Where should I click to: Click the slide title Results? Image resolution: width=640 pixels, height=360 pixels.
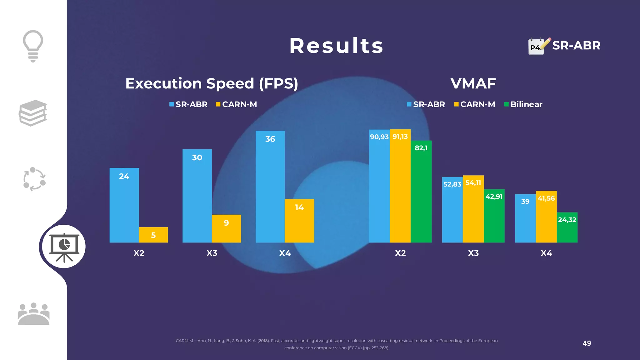pos(336,46)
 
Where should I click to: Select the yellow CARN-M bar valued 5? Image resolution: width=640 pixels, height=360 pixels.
pos(153,235)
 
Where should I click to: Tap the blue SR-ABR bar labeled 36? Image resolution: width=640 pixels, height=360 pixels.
pos(270,187)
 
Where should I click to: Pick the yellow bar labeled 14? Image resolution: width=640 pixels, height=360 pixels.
pos(299,221)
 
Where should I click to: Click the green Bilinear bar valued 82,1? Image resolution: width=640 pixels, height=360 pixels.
pos(421,192)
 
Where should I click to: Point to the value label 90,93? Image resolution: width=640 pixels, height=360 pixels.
pos(379,137)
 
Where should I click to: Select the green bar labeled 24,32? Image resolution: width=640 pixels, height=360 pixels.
pos(567,228)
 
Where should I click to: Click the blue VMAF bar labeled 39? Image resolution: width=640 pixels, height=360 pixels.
pos(525,219)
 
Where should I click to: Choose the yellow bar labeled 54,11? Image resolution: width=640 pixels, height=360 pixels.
pos(473,209)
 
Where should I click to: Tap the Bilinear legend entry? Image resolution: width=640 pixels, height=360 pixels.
pos(523,104)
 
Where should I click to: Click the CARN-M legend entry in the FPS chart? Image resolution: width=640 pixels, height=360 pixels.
pos(236,104)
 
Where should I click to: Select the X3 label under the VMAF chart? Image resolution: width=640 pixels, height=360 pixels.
pos(473,253)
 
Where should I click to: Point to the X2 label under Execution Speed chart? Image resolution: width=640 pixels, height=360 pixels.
pos(139,253)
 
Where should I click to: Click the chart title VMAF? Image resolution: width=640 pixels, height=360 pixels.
pos(473,83)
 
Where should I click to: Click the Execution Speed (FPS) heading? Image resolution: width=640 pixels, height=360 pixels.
pos(212,83)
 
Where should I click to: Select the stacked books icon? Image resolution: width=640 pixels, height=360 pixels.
pos(33,113)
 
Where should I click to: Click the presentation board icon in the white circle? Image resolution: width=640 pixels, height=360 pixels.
pos(64,247)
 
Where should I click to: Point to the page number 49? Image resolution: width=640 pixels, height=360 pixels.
pos(587,343)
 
